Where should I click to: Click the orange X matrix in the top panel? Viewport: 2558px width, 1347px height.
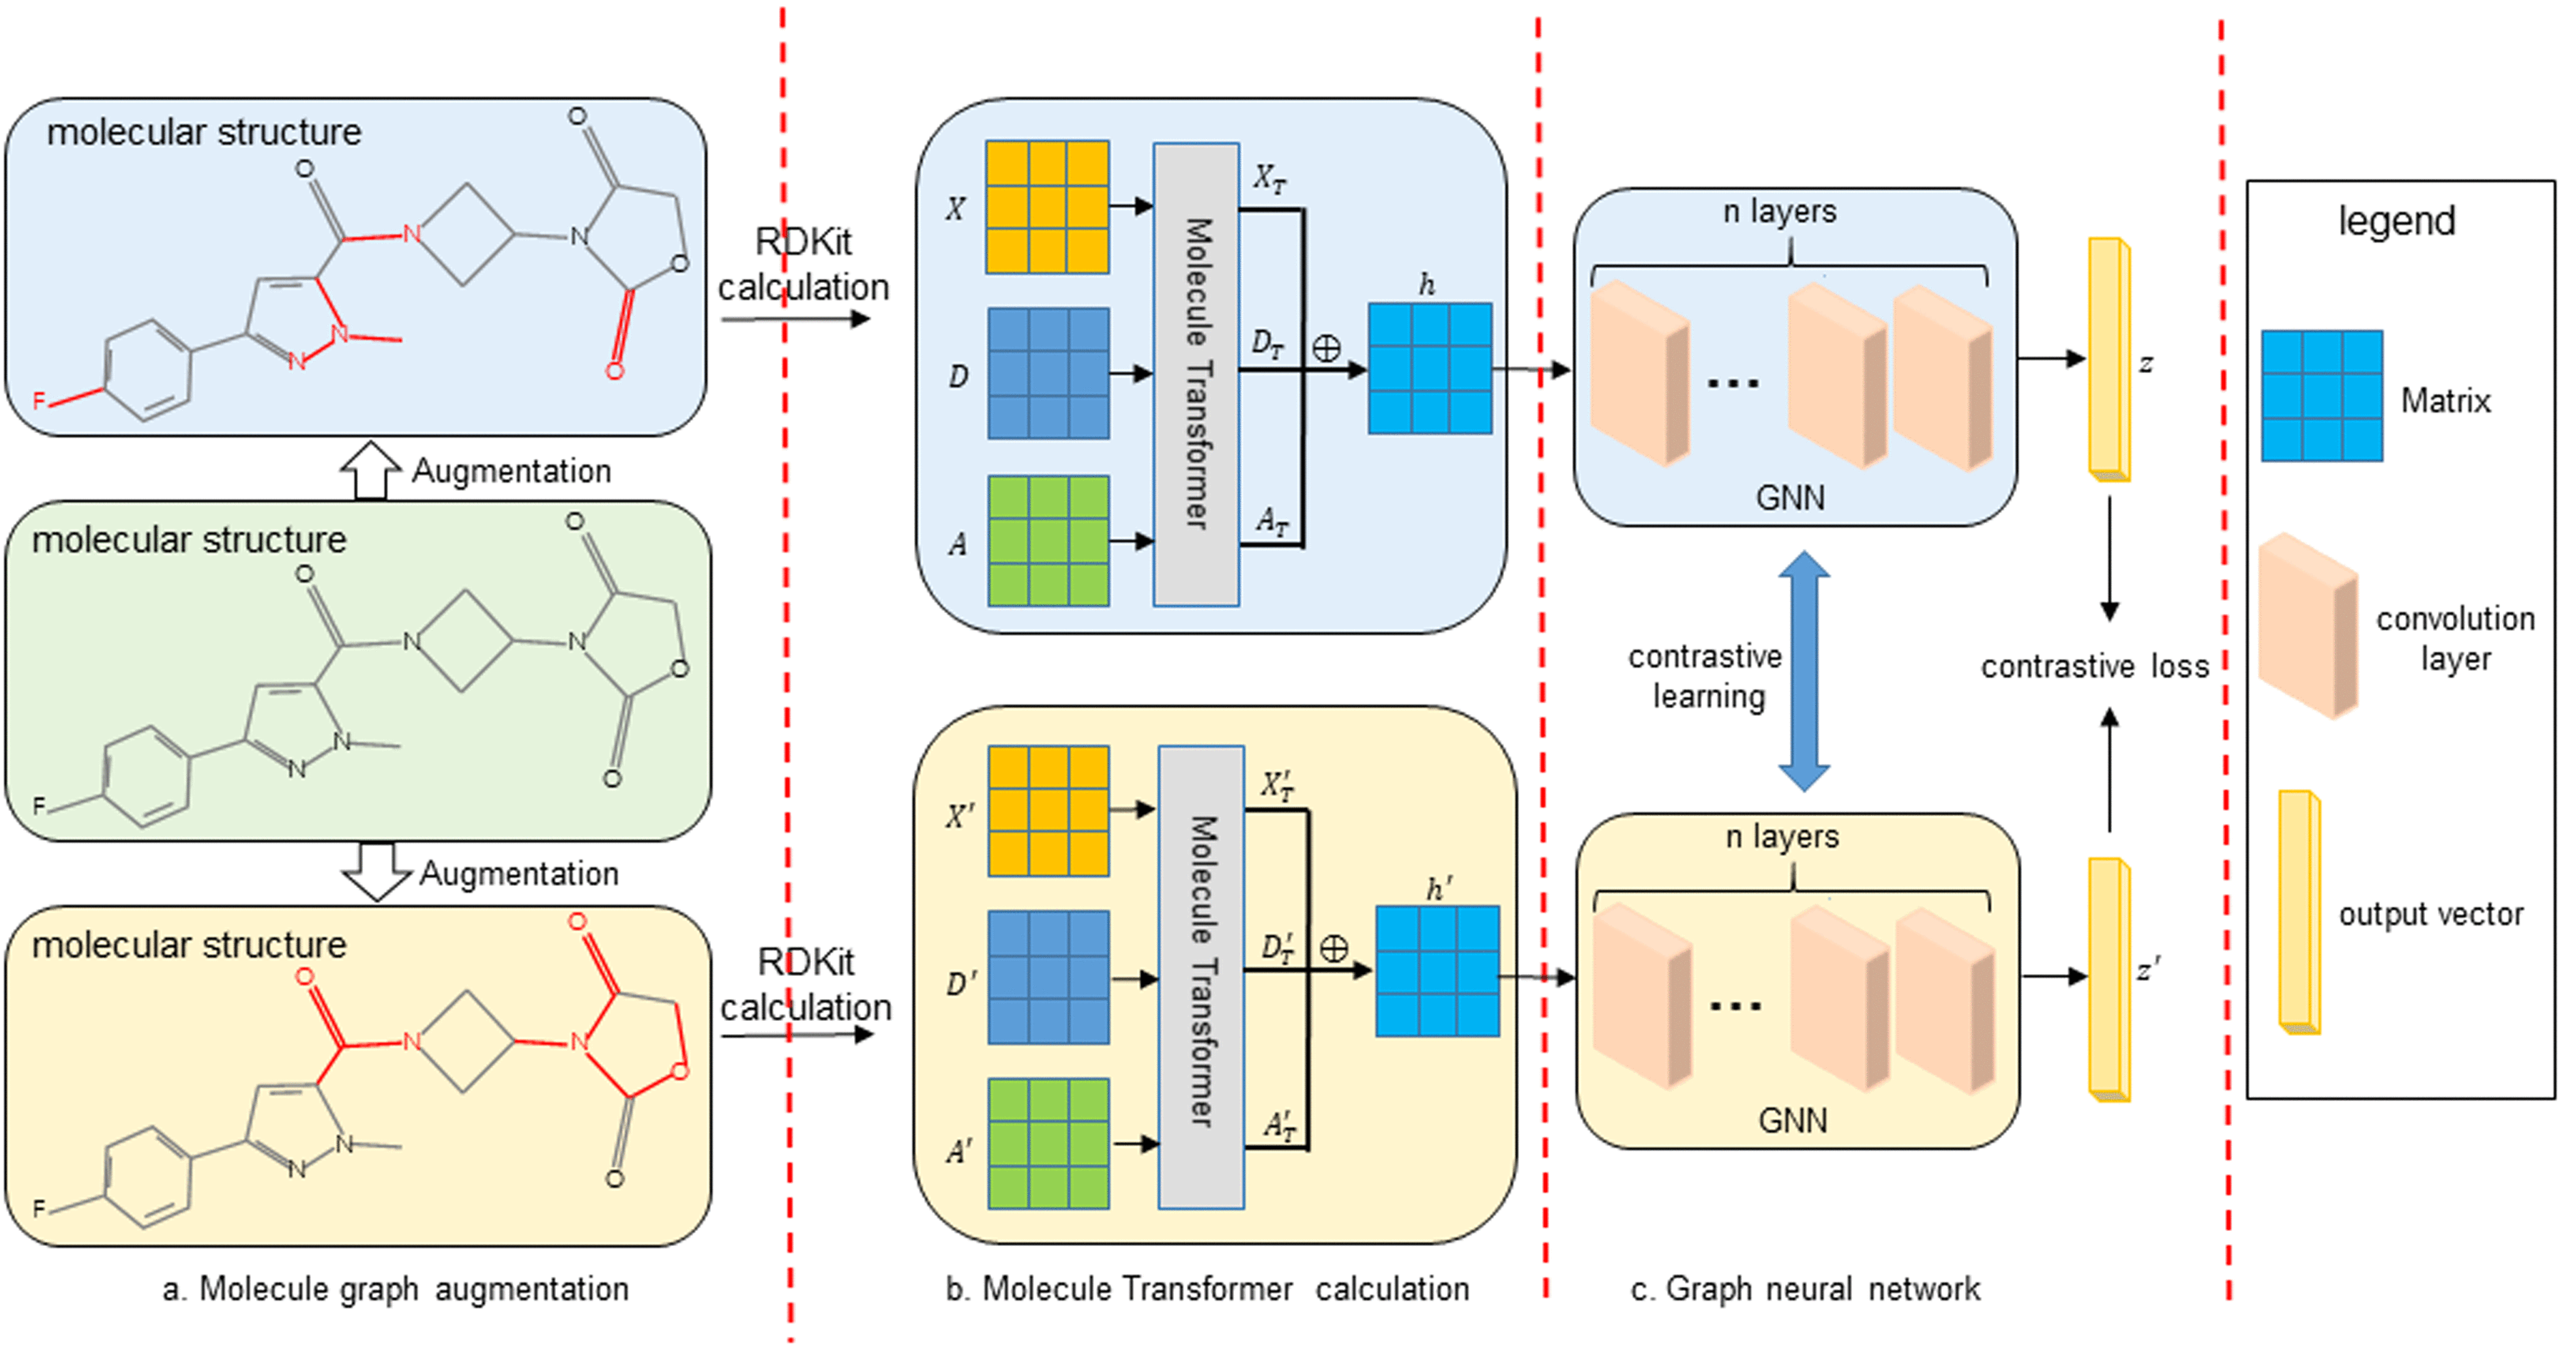coord(1046,207)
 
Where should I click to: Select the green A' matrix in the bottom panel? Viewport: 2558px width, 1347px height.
coord(1048,1144)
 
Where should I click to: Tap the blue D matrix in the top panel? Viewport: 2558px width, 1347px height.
coord(1048,373)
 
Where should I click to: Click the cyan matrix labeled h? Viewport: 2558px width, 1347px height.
coord(1430,368)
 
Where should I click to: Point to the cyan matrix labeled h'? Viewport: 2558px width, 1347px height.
coord(1437,971)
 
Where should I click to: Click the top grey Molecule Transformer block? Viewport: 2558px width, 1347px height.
coord(1196,374)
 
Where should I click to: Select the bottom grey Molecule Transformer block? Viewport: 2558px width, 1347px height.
coord(1201,977)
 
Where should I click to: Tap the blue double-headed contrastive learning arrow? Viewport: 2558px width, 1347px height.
coord(1804,671)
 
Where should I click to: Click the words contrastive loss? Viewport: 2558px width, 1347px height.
coord(2094,666)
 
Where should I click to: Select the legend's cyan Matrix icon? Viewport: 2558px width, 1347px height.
coord(2322,396)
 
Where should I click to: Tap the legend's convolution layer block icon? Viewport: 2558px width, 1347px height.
coord(2308,625)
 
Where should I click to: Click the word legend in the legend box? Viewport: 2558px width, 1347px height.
coord(2396,220)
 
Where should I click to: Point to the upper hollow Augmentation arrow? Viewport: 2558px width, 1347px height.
coord(370,469)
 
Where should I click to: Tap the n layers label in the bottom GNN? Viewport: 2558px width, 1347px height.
coord(1782,837)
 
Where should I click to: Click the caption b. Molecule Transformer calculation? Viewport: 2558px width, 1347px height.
coord(1207,1288)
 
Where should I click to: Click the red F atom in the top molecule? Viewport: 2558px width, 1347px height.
coord(39,401)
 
